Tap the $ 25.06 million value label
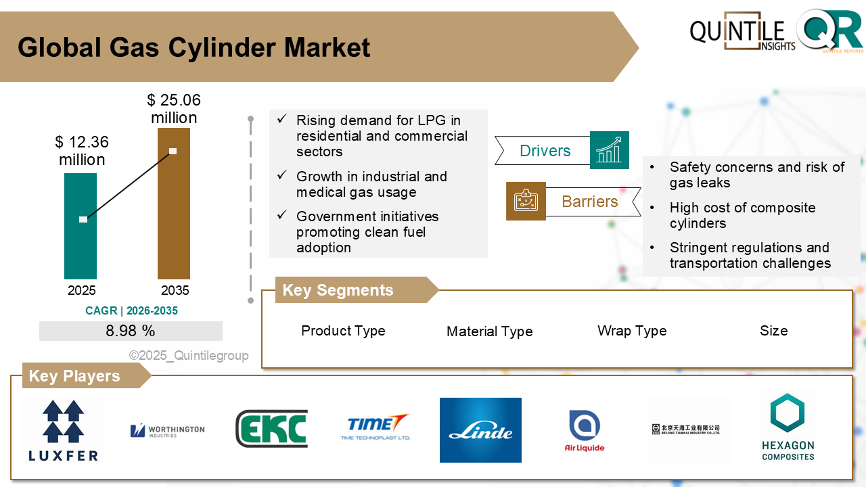(x=174, y=109)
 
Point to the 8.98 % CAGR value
(x=131, y=331)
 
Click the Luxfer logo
(x=63, y=430)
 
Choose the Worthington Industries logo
(x=167, y=430)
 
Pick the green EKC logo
(x=271, y=429)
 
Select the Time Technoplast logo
(x=375, y=427)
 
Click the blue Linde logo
(x=480, y=430)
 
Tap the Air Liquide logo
(x=585, y=431)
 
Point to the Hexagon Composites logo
(x=788, y=427)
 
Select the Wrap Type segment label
(x=632, y=331)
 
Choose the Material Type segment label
(x=489, y=331)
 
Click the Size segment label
(x=773, y=331)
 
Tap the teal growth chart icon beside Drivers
(x=609, y=150)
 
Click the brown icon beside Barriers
(x=526, y=201)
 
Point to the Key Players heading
(x=74, y=376)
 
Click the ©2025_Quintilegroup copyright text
(x=189, y=356)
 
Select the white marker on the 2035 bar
(x=173, y=151)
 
